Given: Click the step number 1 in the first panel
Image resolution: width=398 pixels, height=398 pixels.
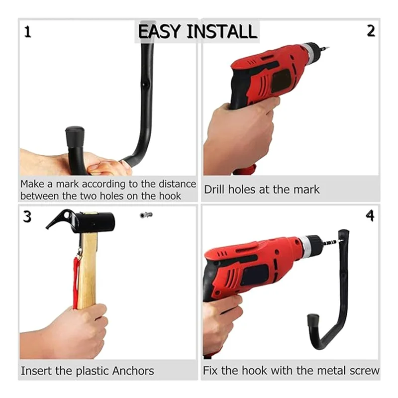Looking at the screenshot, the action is [x=28, y=32].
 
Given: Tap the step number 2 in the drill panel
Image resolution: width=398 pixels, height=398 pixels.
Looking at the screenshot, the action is [x=371, y=31].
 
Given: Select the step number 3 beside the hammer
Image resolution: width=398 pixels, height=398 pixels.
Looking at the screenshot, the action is [x=27, y=217].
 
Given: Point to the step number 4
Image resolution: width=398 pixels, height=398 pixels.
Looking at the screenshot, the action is [x=370, y=215].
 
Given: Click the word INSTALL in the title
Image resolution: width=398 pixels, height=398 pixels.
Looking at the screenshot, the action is [x=221, y=31].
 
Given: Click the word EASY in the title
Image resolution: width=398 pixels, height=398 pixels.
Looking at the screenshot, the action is [x=159, y=31].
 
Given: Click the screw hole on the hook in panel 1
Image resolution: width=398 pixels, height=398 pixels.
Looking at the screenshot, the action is [x=144, y=85].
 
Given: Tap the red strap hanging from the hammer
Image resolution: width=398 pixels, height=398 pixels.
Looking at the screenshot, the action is [x=76, y=282].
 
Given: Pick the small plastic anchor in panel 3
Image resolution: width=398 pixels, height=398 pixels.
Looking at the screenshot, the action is [x=146, y=215].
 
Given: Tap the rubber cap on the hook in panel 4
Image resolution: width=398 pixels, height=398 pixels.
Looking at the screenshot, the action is [x=313, y=320].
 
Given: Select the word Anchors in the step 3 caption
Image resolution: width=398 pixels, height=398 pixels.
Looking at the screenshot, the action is [x=133, y=371].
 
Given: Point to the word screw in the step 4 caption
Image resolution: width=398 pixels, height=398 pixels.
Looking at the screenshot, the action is [x=364, y=371].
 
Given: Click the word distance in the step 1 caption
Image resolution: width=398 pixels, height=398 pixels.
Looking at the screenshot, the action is [x=177, y=184].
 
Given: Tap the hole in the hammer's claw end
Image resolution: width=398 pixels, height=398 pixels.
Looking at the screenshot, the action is [x=67, y=215].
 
